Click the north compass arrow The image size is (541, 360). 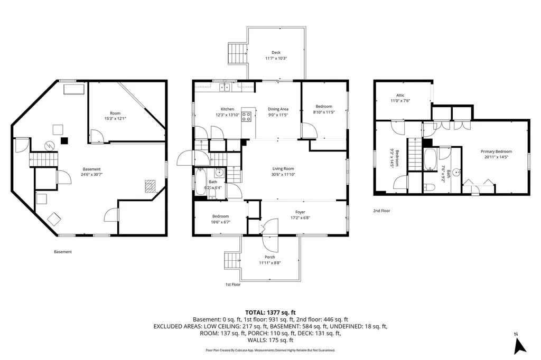tap(520, 346)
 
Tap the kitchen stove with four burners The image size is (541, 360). tap(246, 117)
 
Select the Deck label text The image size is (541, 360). tap(276, 52)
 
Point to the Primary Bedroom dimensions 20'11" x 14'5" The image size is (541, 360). tap(496, 157)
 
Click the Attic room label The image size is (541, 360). tap(400, 95)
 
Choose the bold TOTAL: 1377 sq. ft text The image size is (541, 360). tap(270, 313)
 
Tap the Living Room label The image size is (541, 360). tap(283, 168)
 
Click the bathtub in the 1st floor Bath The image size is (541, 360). tap(200, 182)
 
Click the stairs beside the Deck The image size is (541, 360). tap(238, 53)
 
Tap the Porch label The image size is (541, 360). tap(270, 257)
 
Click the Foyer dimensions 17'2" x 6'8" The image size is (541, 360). tap(300, 218)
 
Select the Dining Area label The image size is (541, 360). tap(278, 109)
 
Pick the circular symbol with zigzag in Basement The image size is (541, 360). tap(50, 146)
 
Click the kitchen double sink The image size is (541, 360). tap(224, 87)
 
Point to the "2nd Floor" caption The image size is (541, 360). tap(381, 211)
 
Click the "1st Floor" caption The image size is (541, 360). tap(233, 285)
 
